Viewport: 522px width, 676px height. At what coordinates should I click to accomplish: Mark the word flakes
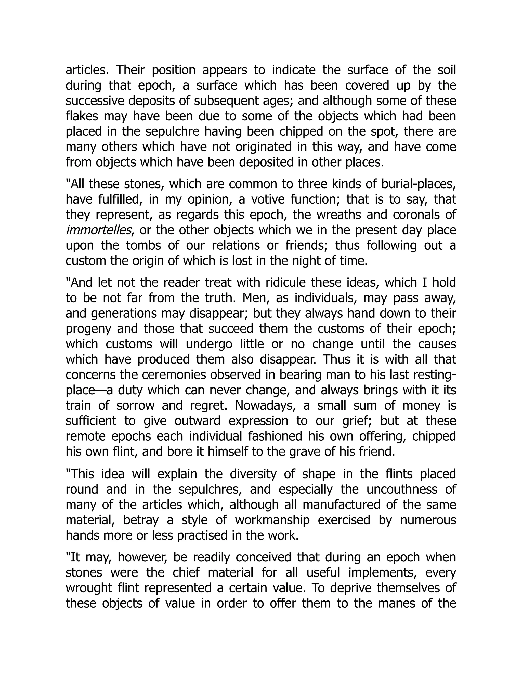(81, 116)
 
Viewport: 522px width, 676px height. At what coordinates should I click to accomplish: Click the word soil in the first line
(447, 70)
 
